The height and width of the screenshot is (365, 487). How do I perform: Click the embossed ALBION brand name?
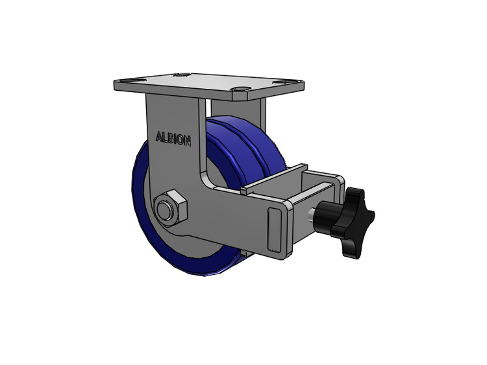[x=173, y=139]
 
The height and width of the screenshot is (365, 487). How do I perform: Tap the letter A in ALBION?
[x=158, y=136]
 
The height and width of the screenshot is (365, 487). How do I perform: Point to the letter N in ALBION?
[x=186, y=141]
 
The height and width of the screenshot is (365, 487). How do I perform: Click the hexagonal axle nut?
[x=171, y=207]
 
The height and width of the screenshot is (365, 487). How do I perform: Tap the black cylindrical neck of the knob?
[x=325, y=215]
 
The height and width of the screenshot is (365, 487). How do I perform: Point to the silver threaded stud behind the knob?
[x=311, y=215]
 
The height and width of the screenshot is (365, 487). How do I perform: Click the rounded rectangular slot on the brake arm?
[x=274, y=229]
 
